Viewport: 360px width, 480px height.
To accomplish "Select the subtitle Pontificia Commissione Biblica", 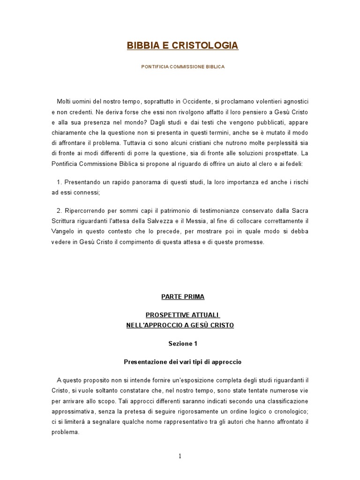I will coord(183,67).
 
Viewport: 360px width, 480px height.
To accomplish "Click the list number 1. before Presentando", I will coord(59,181).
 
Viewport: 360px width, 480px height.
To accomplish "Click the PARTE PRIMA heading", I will coord(182,297).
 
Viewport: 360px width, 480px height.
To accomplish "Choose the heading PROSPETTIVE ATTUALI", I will coord(183,315).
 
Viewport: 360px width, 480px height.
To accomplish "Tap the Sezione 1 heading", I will coord(183,344).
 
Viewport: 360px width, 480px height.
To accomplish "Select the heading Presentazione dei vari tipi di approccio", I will coord(182,362).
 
